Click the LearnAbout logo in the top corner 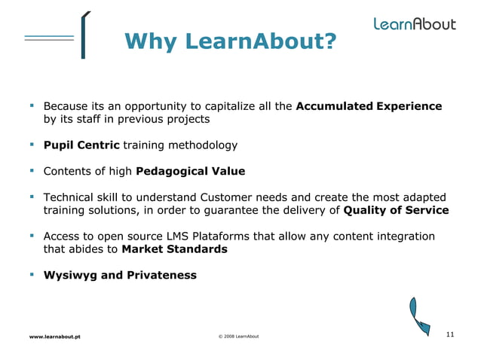(415, 23)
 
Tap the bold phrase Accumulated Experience (369, 106)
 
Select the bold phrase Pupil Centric (81, 145)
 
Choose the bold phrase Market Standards (174, 249)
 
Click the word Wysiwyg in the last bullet (70, 275)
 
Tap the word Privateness (159, 275)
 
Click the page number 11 (450, 334)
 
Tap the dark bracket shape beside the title (83, 35)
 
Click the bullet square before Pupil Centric (32, 144)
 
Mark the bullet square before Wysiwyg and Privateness (32, 274)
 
